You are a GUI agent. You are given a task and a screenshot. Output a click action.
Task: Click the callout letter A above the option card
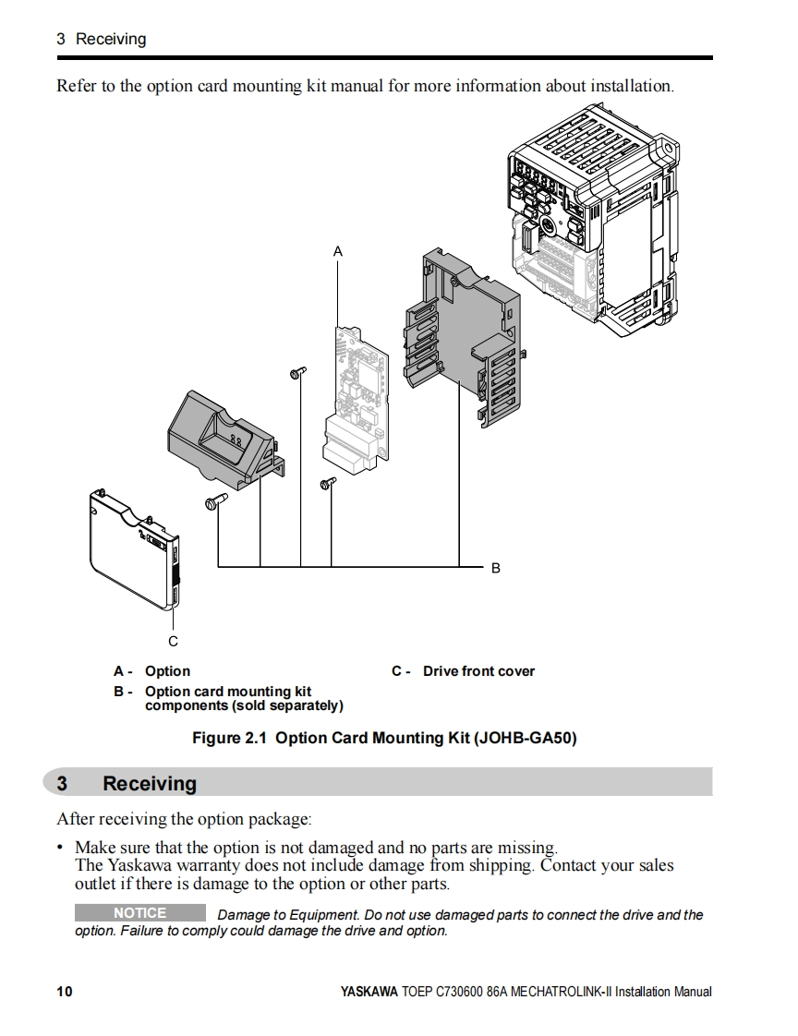point(338,251)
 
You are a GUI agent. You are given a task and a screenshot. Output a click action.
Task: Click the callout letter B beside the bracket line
point(496,568)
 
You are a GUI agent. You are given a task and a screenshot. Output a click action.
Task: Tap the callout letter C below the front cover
point(173,641)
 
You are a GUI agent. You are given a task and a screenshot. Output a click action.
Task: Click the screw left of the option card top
point(296,372)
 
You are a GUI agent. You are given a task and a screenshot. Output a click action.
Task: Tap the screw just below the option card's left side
point(328,483)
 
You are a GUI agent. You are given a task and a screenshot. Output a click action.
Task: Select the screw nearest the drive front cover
point(215,501)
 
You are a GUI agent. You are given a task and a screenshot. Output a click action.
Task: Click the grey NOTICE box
point(140,913)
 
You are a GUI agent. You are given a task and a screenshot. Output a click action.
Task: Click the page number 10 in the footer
point(64,992)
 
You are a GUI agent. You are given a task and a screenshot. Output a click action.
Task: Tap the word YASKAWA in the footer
point(369,992)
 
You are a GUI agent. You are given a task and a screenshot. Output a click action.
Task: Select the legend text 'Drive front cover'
point(478,671)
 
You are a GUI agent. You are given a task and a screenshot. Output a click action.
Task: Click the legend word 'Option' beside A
point(167,671)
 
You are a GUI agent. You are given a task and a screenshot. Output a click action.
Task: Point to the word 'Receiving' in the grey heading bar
point(150,783)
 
